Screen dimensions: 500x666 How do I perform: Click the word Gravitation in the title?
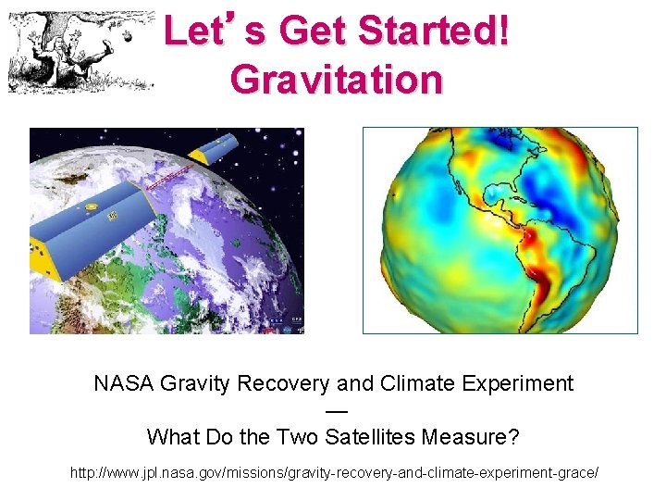click(336, 80)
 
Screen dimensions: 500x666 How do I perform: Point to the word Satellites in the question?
click(370, 435)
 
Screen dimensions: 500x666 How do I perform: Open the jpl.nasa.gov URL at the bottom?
click(334, 473)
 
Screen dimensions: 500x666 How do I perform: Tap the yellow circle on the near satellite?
click(92, 206)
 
